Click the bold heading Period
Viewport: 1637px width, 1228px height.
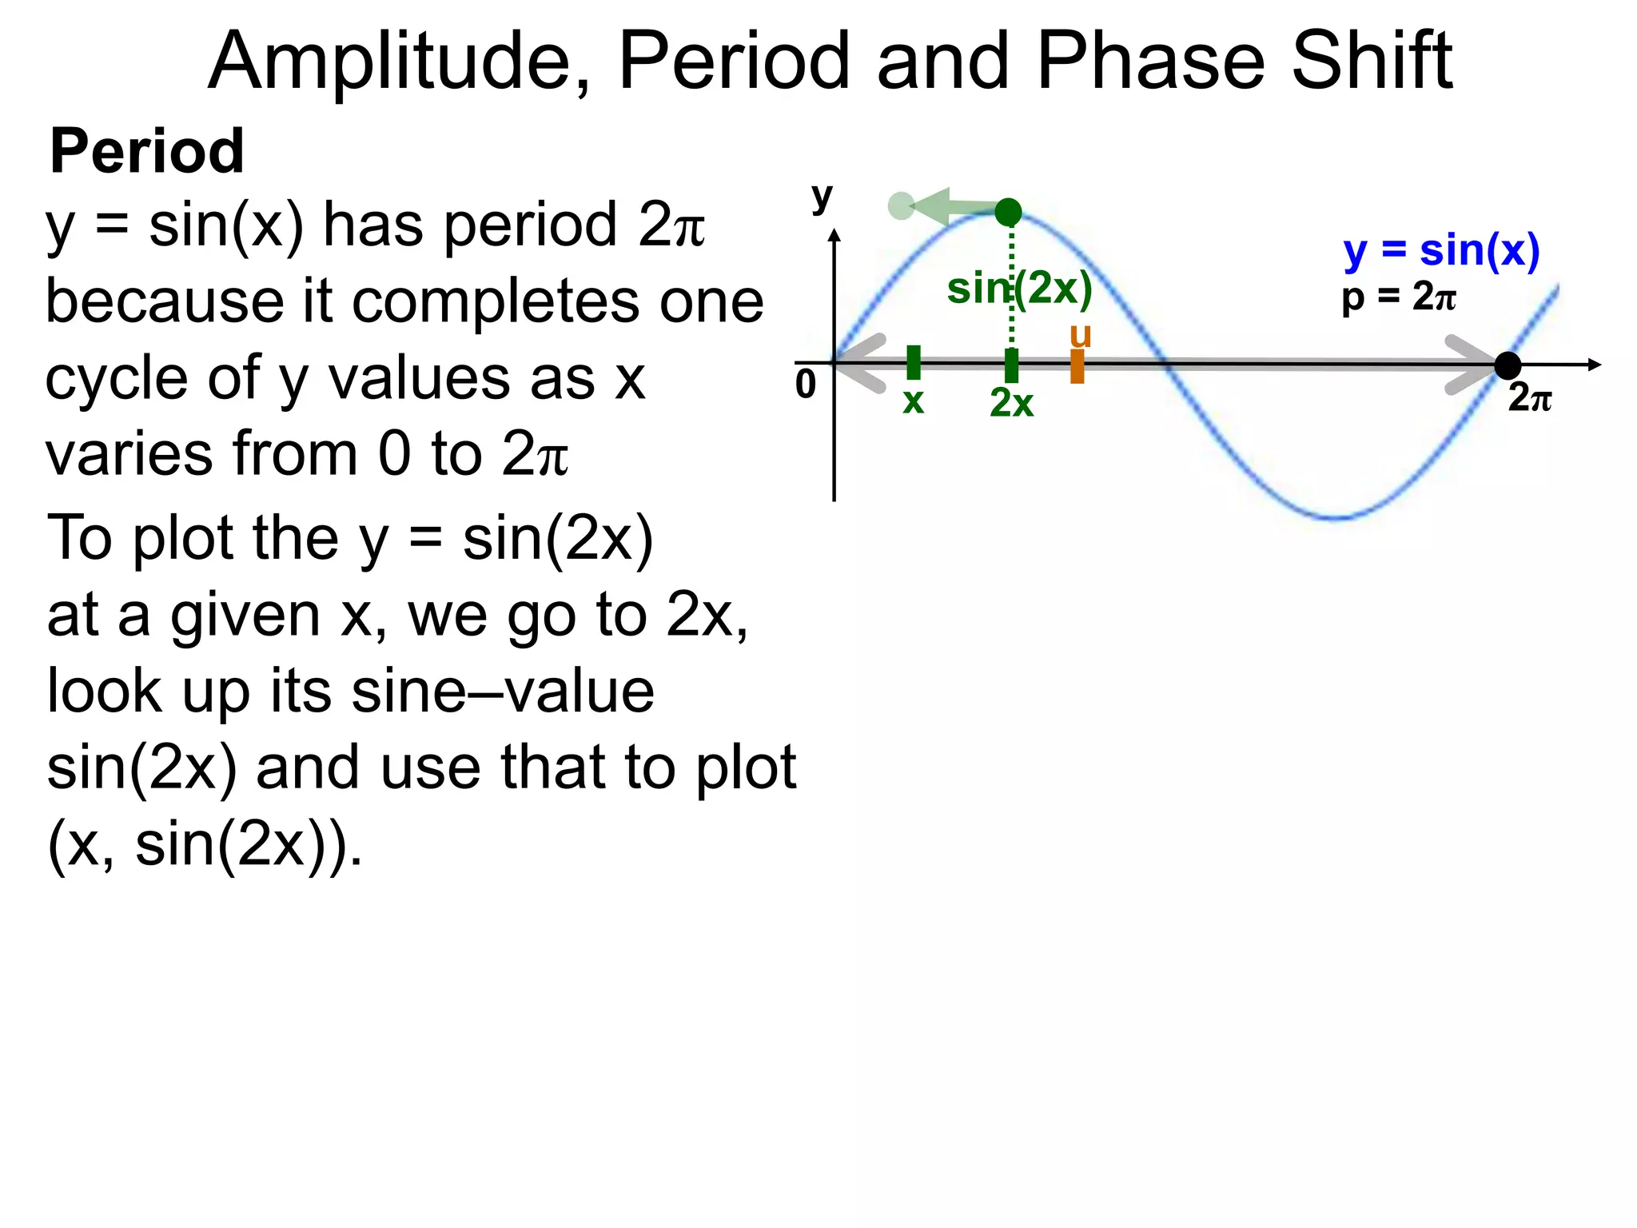pos(147,151)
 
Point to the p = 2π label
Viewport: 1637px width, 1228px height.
pos(1399,297)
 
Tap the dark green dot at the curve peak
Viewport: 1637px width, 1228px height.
pos(1009,212)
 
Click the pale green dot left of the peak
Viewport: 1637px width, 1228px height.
pos(901,205)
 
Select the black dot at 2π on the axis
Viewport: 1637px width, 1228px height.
pos(1508,365)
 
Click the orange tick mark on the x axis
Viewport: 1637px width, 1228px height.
pos(1077,366)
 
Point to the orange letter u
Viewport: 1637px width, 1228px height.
pos(1081,336)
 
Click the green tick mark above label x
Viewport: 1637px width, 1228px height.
pos(914,362)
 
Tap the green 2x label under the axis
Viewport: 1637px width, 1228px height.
pos(1011,402)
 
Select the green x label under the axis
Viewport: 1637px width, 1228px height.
pos(913,401)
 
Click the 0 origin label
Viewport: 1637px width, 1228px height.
pos(806,385)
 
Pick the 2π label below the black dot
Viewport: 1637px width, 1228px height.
pos(1529,397)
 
